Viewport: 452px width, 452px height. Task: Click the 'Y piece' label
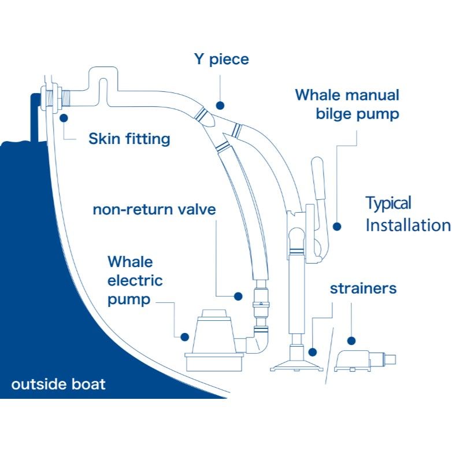(x=221, y=59)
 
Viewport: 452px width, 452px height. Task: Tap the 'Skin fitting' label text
(x=129, y=139)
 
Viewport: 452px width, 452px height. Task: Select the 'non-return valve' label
(x=154, y=209)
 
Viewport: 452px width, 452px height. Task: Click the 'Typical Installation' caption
(x=407, y=214)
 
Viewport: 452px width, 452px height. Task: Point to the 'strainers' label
(x=363, y=288)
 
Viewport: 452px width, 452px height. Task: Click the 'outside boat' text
(x=58, y=384)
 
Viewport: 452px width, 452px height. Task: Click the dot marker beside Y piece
(x=220, y=105)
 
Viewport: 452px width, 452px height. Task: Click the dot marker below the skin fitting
(x=64, y=117)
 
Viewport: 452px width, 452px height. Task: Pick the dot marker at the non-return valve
(x=238, y=296)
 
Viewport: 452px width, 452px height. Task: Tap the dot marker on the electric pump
(x=185, y=336)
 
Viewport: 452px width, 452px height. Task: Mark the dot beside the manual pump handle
(x=336, y=227)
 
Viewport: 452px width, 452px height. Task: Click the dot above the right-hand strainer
(x=351, y=342)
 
